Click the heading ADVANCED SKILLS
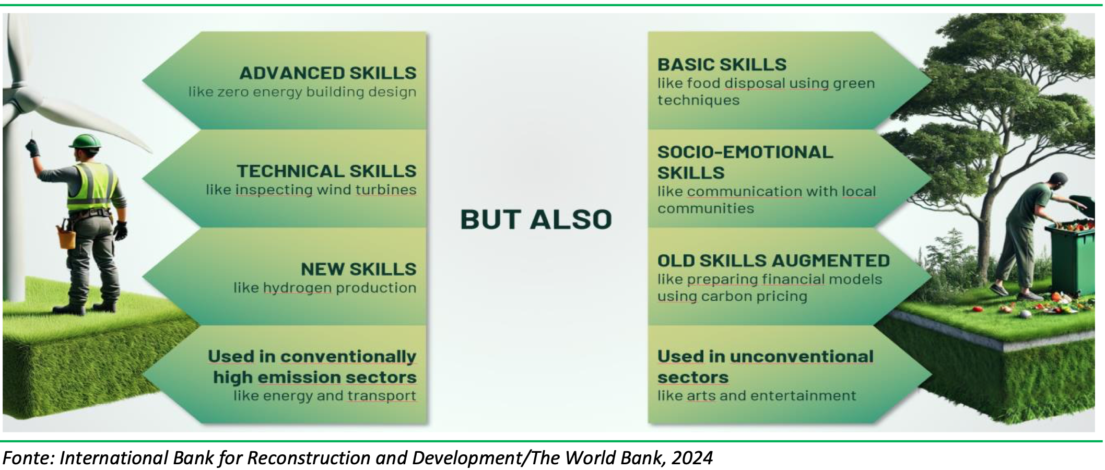(328, 73)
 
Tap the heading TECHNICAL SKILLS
(326, 171)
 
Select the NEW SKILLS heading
(359, 269)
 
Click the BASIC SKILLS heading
(722, 65)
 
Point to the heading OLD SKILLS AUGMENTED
(773, 261)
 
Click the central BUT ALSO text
(536, 219)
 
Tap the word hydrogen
(297, 288)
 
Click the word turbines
(386, 190)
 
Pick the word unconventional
(802, 357)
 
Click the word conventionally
(348, 357)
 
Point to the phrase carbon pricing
(754, 297)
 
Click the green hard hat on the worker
(86, 141)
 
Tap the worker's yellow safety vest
(91, 187)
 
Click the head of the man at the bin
(1058, 180)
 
